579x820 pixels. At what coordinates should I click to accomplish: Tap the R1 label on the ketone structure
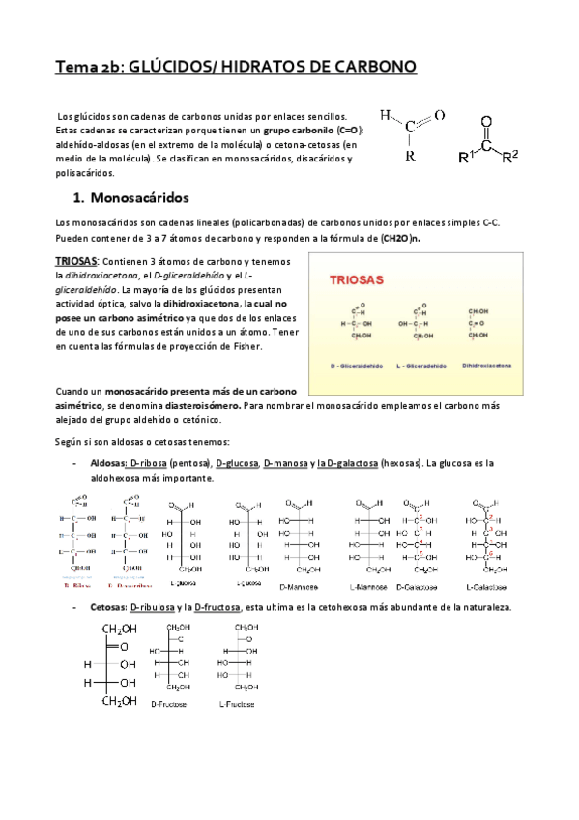468,156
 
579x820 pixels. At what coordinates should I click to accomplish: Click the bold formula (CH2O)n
400,237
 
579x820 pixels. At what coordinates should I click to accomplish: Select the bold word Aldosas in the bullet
107,464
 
